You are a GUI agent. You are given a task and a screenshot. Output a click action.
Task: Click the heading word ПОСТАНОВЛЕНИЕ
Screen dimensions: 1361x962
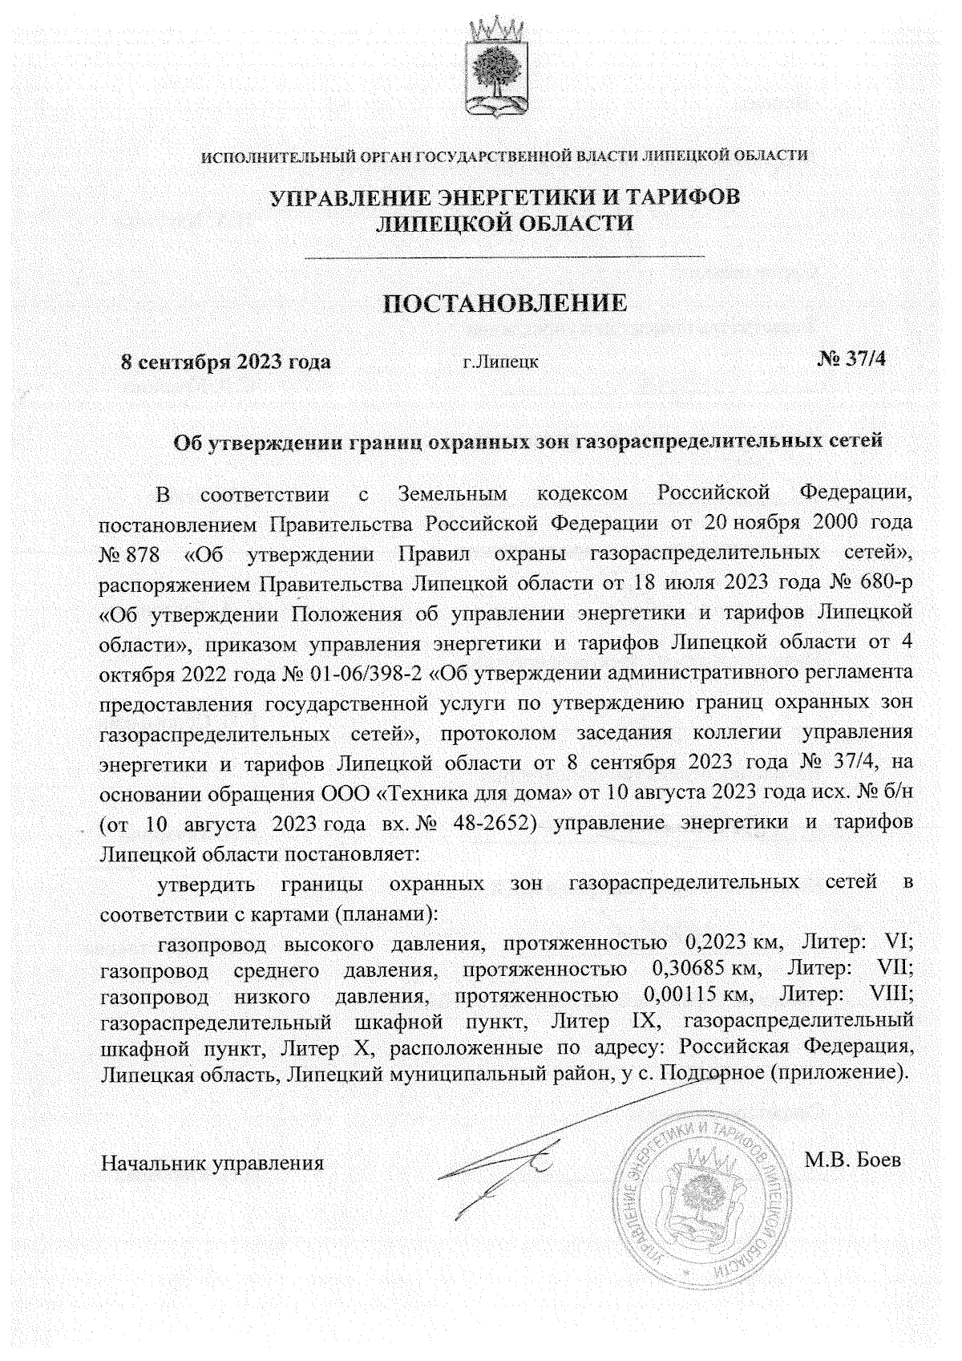click(504, 303)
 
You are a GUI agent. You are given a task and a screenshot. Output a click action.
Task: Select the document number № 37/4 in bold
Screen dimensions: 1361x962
click(852, 358)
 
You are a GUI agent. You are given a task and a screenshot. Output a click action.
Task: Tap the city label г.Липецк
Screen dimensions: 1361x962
click(501, 362)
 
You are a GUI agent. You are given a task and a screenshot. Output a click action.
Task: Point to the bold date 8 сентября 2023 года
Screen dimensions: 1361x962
click(225, 361)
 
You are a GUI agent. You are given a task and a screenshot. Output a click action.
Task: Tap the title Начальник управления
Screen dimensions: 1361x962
click(212, 1162)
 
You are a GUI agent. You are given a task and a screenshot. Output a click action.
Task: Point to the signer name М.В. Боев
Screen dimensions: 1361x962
click(851, 1160)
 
